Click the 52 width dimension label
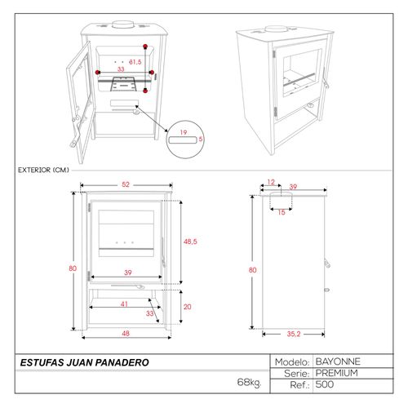tap(126, 184)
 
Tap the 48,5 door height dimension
tap(190, 242)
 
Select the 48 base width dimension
tap(126, 333)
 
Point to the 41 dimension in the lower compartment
tap(124, 304)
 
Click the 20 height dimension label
tap(187, 307)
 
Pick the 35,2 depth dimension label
tap(294, 334)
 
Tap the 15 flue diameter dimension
tap(282, 212)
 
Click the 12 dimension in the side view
tap(271, 182)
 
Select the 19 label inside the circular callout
tap(184, 132)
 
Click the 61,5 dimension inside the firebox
tap(135, 62)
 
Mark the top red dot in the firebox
tap(145, 47)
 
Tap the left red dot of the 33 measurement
tap(98, 73)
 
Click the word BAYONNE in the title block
tap(338, 361)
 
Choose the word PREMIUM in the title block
tap(337, 373)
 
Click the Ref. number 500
tap(325, 384)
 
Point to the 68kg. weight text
tap(249, 383)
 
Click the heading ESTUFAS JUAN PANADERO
tap(85, 362)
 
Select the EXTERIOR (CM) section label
tap(43, 170)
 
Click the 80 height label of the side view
tap(252, 270)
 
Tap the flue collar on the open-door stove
tap(123, 24)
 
